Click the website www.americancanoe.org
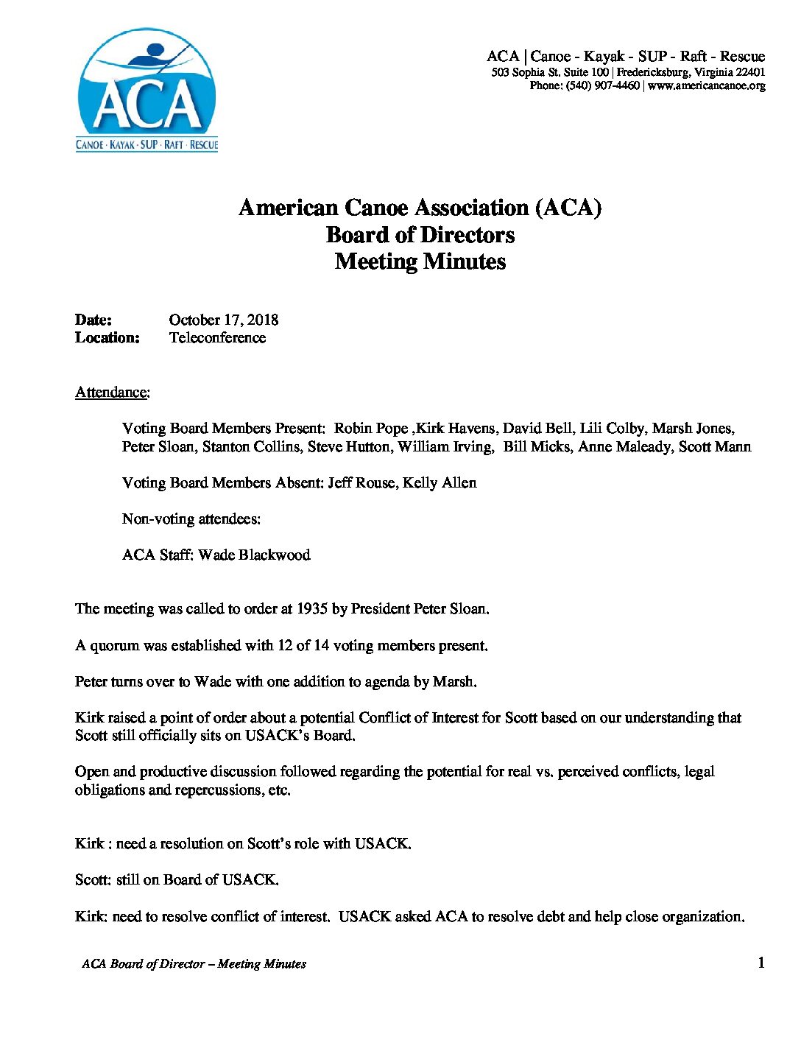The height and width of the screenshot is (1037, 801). (706, 86)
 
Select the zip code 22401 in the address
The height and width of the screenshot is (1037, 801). (750, 72)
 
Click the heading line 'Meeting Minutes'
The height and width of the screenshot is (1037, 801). (420, 261)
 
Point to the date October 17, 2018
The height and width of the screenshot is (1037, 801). (224, 320)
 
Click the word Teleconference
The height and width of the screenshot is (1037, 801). (217, 338)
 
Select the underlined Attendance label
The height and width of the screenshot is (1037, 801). (112, 392)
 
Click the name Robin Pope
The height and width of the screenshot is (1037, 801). (371, 429)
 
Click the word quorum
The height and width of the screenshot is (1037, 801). (114, 646)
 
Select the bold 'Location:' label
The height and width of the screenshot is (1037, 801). (107, 338)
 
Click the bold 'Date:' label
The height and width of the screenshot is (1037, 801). (93, 320)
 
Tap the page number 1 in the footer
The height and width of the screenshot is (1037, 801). (761, 963)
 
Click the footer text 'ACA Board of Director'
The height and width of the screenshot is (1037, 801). (143, 964)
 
